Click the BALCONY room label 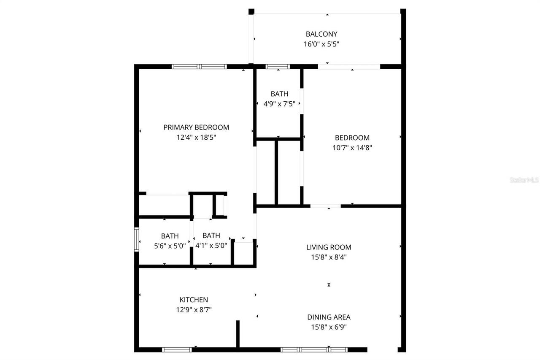[321, 34]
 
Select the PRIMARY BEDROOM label [196, 127]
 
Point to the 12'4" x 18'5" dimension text [196, 137]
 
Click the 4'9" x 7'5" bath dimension [279, 104]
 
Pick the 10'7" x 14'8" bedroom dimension [352, 148]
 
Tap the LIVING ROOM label [329, 247]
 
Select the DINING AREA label [329, 317]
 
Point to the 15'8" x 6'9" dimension [329, 327]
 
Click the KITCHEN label [194, 300]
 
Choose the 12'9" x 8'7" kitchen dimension [194, 310]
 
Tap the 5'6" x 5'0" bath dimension [170, 246]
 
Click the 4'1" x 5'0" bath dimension [211, 246]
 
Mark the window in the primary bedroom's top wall [199, 66]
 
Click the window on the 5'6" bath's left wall [136, 239]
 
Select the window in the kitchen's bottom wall [177, 349]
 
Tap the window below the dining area [314, 349]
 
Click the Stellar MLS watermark [524, 180]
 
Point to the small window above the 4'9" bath [277, 66]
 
